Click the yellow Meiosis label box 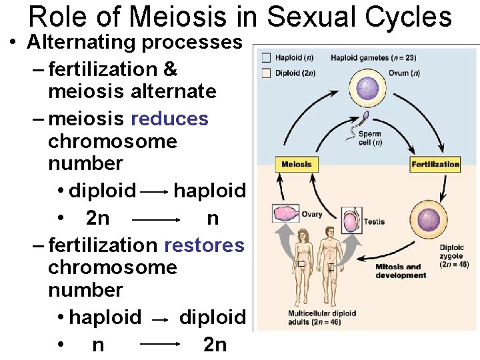(296, 164)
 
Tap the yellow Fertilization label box (435, 164)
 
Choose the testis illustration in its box (351, 220)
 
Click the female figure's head (301, 235)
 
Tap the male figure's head (328, 233)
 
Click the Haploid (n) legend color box (266, 58)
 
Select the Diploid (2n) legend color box (266, 73)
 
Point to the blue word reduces (170, 119)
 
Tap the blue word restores (204, 245)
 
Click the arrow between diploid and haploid (155, 192)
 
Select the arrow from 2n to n (157, 219)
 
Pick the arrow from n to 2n (160, 345)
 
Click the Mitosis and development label (400, 271)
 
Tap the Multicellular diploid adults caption (322, 317)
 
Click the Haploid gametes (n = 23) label (373, 57)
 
